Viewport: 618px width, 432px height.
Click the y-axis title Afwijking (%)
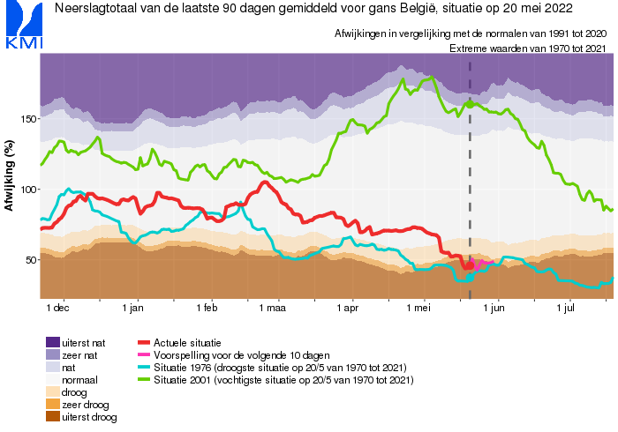point(10,176)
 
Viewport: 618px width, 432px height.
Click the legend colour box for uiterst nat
point(53,342)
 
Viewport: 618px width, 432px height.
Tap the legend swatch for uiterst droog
point(53,417)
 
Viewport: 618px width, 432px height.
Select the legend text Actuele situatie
point(187,342)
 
